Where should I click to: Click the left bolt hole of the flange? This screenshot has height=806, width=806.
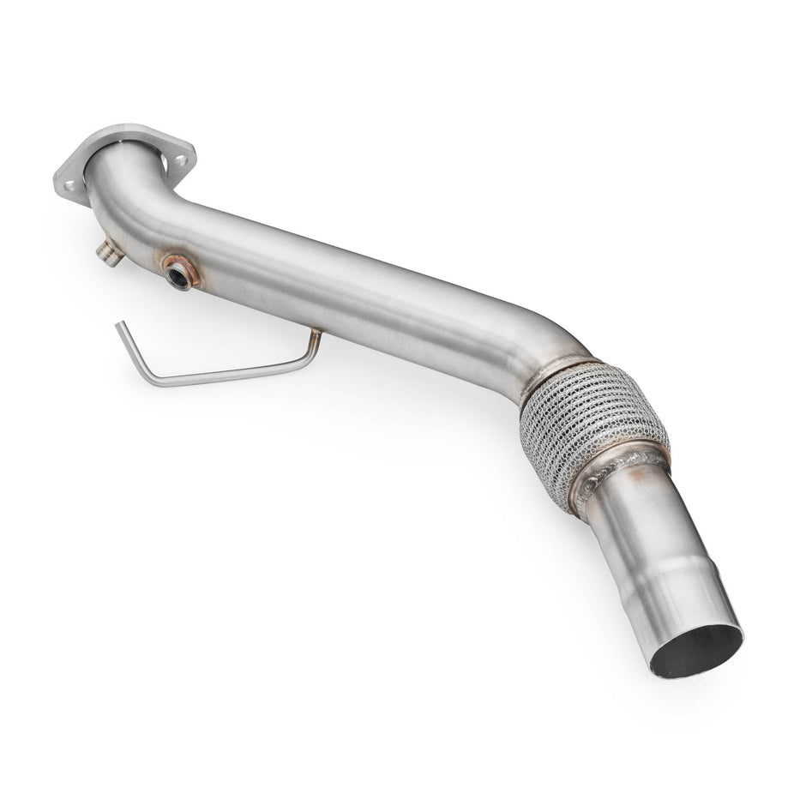(x=70, y=184)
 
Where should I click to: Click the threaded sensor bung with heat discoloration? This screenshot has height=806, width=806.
(x=180, y=273)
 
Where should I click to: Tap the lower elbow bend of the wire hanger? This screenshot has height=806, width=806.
(x=151, y=377)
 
